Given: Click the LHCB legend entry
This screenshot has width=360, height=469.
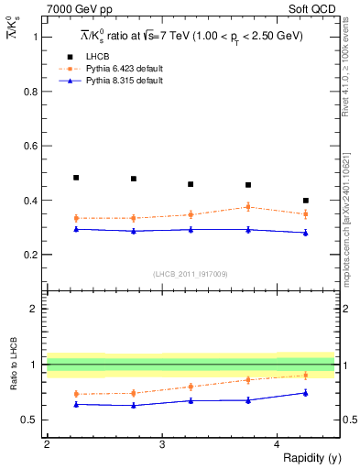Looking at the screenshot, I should point(97,57).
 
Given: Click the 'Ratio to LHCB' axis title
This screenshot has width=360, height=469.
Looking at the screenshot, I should point(14,365).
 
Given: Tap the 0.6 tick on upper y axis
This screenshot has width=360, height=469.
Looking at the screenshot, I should point(30,146).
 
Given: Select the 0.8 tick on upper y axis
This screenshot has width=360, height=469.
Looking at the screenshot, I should point(30,91).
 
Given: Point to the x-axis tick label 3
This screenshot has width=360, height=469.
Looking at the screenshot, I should point(162,444).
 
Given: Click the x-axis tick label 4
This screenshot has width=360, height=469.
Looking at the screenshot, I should point(278,444).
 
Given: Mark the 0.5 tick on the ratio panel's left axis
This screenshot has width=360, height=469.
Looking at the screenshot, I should point(30,420).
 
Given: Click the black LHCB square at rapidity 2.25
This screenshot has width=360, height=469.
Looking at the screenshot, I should point(76,178).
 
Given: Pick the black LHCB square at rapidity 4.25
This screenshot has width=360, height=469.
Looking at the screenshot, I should point(306,200).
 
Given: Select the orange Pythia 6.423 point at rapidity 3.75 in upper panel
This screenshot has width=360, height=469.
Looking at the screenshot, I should point(248,207).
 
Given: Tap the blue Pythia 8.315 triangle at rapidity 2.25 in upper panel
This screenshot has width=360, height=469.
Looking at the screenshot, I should point(76,229).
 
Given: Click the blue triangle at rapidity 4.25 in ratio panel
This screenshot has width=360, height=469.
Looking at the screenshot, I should point(306,393).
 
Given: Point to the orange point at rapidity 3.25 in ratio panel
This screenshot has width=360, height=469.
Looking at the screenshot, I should point(191,387).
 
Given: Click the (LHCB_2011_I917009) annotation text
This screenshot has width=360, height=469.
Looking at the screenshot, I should point(190,274).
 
